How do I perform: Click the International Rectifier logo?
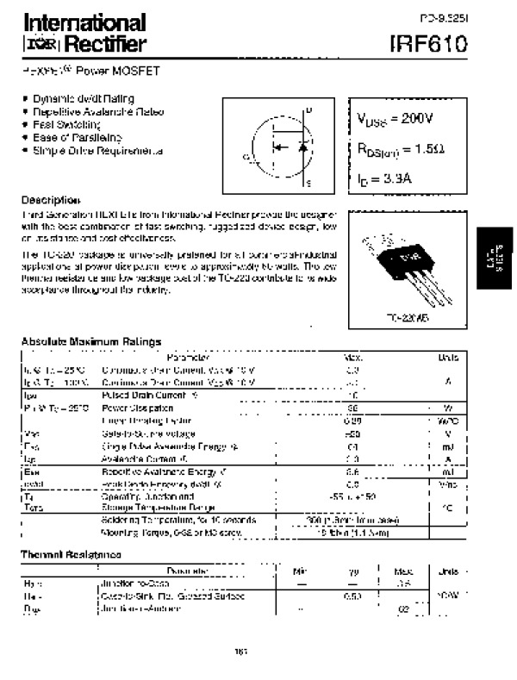84,33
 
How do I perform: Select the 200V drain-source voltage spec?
396,117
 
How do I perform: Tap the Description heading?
51,199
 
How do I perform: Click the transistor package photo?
397,266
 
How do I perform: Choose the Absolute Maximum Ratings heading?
91,342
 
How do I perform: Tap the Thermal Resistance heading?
71,554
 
